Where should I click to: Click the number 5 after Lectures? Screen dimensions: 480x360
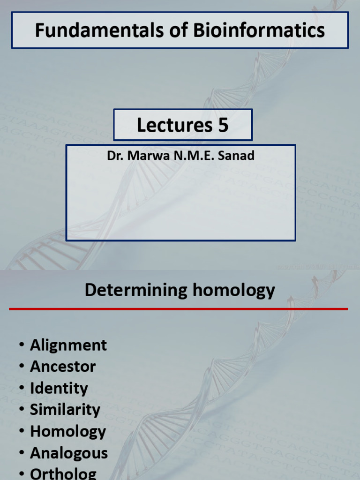(223, 125)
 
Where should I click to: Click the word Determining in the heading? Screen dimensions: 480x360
(136, 291)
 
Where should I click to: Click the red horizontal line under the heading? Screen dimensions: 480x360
(178, 309)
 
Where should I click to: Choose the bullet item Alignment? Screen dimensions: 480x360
(68, 345)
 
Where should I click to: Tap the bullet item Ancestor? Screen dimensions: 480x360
(63, 367)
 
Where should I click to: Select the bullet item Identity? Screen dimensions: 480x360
(59, 388)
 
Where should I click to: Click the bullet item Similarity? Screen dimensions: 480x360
(65, 410)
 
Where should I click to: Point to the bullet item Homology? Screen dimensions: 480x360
(68, 431)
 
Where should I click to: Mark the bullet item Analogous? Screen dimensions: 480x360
(69, 453)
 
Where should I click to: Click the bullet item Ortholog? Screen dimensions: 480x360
(63, 473)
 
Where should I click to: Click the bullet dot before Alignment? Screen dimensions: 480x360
(22, 345)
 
